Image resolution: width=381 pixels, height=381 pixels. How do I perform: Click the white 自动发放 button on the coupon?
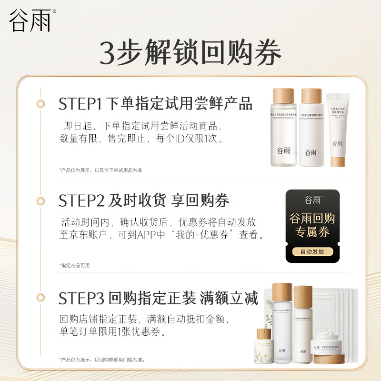(312, 251)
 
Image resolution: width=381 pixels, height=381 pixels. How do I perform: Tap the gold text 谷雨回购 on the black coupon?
(312, 219)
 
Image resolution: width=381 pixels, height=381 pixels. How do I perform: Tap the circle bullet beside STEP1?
(41, 103)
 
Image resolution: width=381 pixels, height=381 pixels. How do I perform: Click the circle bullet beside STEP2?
(41, 201)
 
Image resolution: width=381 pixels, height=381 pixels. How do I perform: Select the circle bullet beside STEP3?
(41, 299)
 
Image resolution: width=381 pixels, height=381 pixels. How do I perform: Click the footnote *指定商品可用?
(74, 265)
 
